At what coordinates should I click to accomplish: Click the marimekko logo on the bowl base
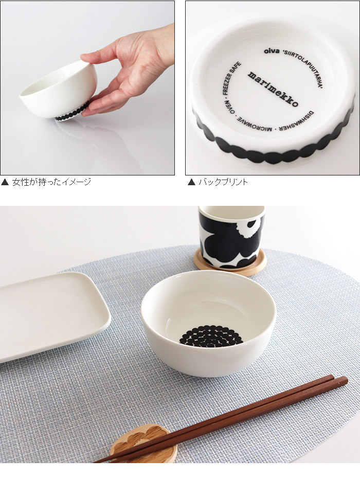point(273,89)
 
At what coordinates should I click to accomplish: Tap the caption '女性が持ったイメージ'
point(51,182)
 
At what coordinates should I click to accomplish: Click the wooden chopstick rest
point(143,443)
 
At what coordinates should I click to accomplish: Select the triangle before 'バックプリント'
point(191,182)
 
